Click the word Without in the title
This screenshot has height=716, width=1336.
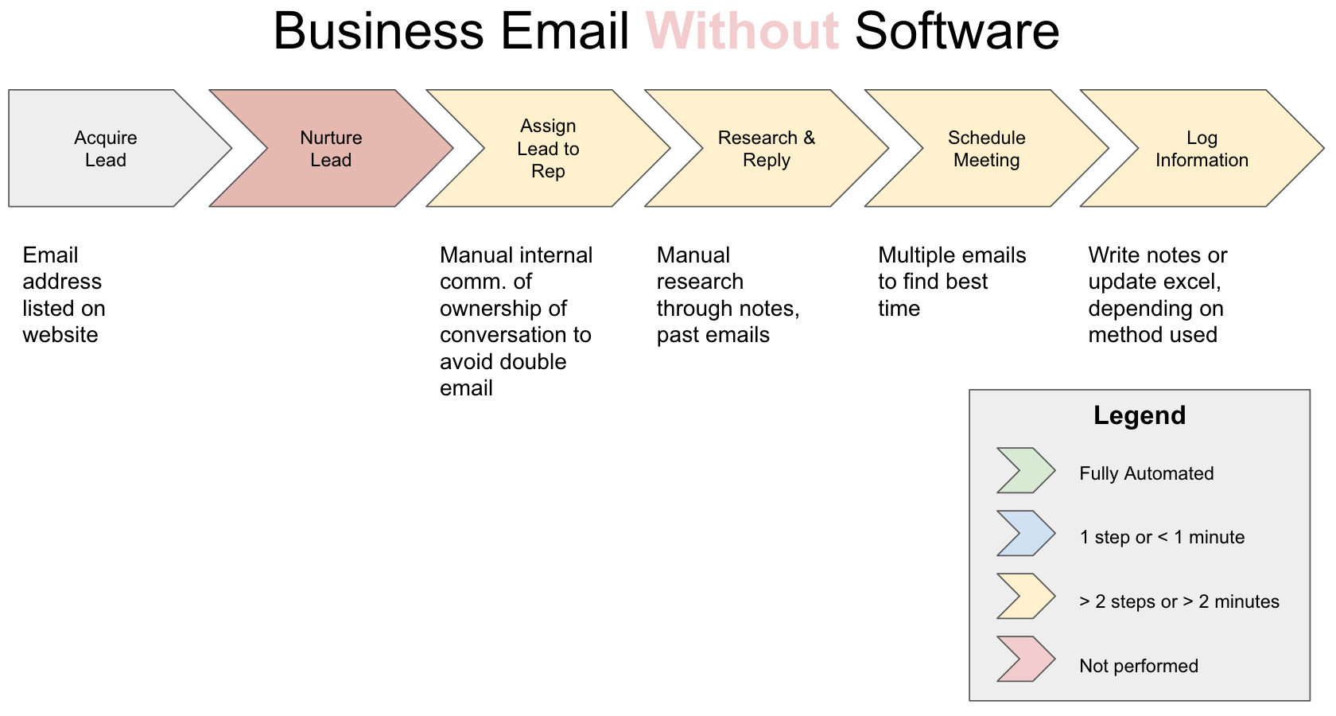coord(742,32)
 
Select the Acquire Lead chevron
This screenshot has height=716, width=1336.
coord(106,149)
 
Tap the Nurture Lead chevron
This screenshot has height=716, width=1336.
coord(331,149)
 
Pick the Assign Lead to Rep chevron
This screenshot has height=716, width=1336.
coord(548,149)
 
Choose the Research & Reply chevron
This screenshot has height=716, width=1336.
coord(767,149)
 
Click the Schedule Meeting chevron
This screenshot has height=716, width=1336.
coord(986,149)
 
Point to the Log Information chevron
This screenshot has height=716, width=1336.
coord(1202,149)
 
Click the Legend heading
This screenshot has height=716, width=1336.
coord(1139,415)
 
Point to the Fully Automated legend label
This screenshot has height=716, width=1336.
coord(1146,473)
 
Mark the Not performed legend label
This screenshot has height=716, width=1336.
coord(1138,666)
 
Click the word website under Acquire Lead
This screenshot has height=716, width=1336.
coord(60,335)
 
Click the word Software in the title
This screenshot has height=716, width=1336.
coord(957,32)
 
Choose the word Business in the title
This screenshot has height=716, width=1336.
coord(379,32)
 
